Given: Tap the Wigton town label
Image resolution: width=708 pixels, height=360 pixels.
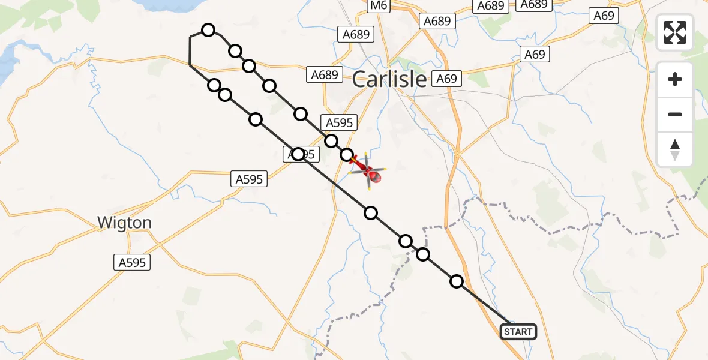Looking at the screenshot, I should pyautogui.click(x=125, y=223).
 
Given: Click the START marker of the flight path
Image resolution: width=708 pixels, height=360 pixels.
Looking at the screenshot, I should pyautogui.click(x=518, y=331).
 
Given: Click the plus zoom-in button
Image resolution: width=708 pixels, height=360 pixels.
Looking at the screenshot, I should pyautogui.click(x=675, y=80).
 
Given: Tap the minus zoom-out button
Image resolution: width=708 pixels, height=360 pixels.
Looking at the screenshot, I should pyautogui.click(x=675, y=114).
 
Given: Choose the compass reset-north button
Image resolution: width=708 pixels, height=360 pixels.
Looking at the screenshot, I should pyautogui.click(x=675, y=149).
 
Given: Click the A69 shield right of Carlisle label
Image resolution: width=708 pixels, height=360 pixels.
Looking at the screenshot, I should pyautogui.click(x=446, y=79).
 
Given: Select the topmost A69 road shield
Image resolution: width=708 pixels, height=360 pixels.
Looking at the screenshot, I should pyautogui.click(x=604, y=16).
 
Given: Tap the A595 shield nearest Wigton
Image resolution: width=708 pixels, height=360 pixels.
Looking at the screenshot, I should pyautogui.click(x=132, y=262).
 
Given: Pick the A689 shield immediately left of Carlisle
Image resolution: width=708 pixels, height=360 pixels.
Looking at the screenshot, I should pyautogui.click(x=325, y=75).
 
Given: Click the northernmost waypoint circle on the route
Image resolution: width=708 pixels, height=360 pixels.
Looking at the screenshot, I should pyautogui.click(x=208, y=30).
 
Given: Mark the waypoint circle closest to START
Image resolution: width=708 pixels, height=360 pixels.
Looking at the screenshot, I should pyautogui.click(x=457, y=281).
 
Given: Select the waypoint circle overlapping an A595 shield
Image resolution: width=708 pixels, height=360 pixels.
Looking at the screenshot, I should pyautogui.click(x=298, y=154).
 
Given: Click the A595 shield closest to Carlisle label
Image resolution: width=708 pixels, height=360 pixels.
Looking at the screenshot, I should pyautogui.click(x=340, y=123).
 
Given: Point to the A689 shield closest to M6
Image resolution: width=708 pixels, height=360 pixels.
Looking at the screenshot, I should pyautogui.click(x=356, y=34).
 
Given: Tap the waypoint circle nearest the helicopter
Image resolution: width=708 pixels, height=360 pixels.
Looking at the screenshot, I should pyautogui.click(x=347, y=155).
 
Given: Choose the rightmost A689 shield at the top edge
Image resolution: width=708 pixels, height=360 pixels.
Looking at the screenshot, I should pyautogui.click(x=533, y=4).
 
